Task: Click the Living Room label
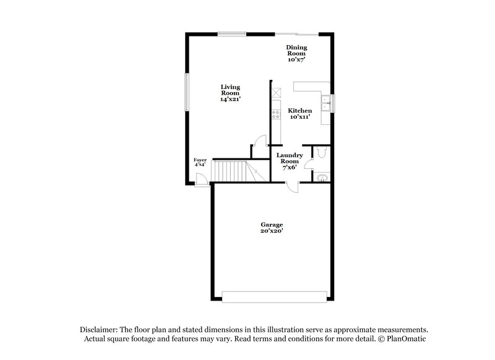coord(230,93)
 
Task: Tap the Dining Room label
coord(296,53)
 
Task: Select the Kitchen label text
coord(300,113)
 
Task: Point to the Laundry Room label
coord(289,161)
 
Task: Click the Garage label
coord(272,228)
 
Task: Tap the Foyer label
coord(200,162)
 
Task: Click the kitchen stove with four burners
coord(276,114)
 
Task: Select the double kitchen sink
coord(325,103)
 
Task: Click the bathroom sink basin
coord(321,179)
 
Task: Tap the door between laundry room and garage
coord(293,187)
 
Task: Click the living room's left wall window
coord(187,93)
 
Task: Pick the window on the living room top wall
coord(231,33)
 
